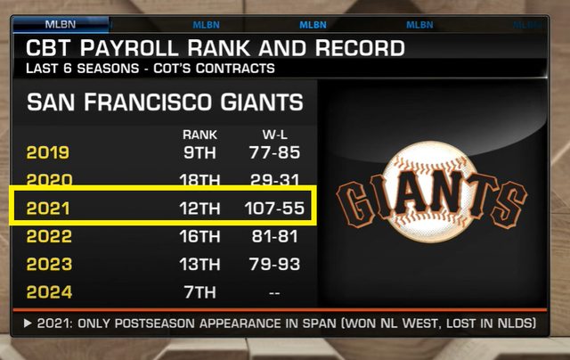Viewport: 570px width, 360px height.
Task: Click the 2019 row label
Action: click(47, 152)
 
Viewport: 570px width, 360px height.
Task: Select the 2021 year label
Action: click(47, 209)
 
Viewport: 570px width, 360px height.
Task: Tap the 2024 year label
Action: click(47, 290)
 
